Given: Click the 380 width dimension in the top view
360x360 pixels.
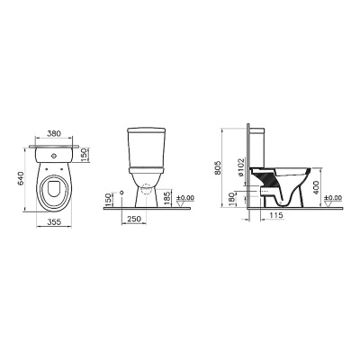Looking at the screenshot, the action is [54, 133].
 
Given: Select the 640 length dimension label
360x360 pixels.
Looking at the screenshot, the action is [22, 179].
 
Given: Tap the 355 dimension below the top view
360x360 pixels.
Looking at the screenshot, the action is [54, 221].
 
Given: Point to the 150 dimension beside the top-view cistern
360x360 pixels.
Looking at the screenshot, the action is [85, 155].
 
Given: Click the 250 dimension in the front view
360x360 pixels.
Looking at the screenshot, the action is [134, 219].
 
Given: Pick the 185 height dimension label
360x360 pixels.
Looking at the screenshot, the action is [167, 198].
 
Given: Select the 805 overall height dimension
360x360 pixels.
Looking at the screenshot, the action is [218, 168].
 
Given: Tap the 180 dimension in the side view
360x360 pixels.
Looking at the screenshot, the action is [231, 199].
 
